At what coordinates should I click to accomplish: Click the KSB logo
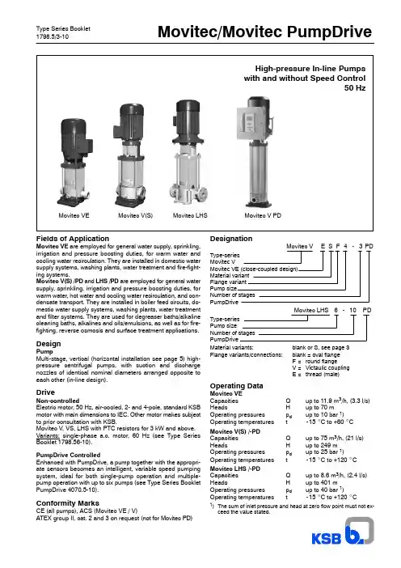tap(342, 531)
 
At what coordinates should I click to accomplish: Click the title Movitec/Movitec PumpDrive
tap(264, 32)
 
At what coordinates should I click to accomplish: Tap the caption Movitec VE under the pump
tap(74, 215)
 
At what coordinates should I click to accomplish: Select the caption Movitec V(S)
tap(135, 215)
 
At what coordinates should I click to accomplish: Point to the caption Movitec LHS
tap(190, 215)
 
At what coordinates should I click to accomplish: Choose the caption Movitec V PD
tap(263, 215)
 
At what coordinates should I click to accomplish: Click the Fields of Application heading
tap(73, 239)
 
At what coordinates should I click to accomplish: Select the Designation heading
tap(231, 239)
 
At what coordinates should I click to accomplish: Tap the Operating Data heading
tap(236, 386)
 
